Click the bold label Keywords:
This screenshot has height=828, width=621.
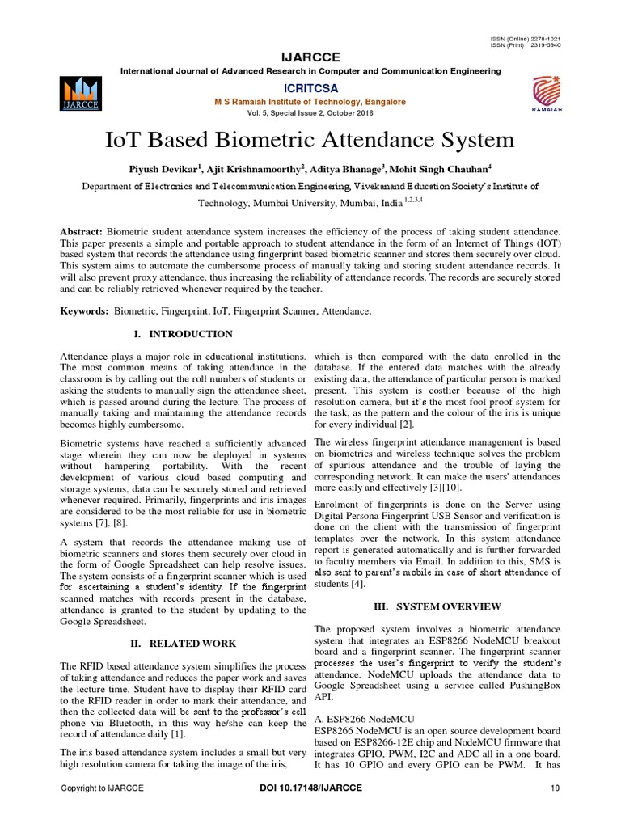[x=86, y=310]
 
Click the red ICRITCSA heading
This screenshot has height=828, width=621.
[x=310, y=87]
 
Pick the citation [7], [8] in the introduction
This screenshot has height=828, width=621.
[x=121, y=526]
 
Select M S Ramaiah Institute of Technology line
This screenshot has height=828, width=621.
[x=310, y=102]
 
